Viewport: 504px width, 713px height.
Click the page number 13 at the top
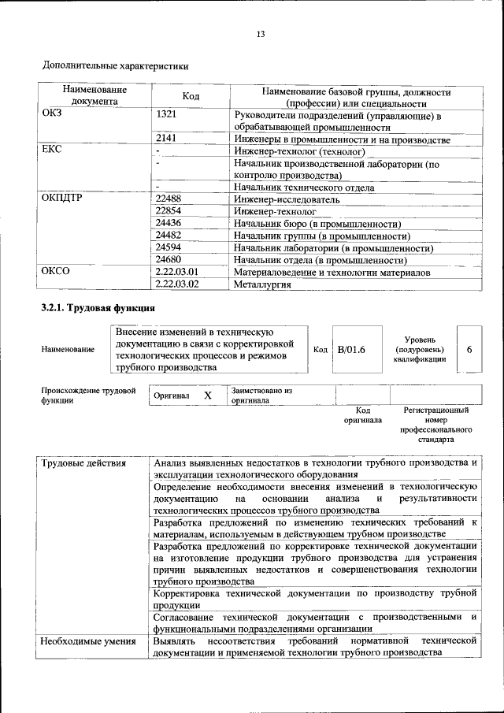pyautogui.click(x=261, y=33)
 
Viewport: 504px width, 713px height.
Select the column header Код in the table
pyautogui.click(x=191, y=96)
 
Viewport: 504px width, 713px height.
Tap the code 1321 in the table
pyautogui.click(x=167, y=115)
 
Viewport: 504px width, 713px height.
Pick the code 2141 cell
pyautogui.click(x=167, y=139)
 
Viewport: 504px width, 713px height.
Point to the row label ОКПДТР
pyautogui.click(x=62, y=199)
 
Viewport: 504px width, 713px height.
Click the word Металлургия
pyautogui.click(x=263, y=284)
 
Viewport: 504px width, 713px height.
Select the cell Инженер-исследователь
pyautogui.click(x=287, y=199)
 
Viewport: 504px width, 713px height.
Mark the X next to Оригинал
pyautogui.click(x=208, y=395)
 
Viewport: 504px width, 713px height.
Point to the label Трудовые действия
pyautogui.click(x=83, y=462)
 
